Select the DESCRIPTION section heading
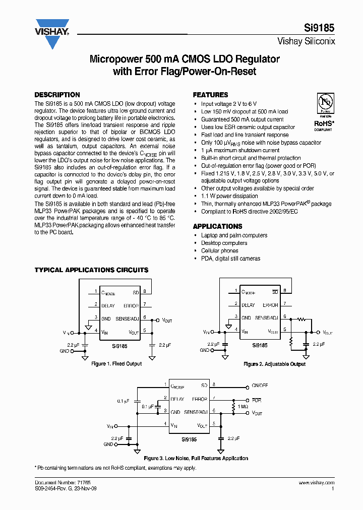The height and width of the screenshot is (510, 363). point(57,95)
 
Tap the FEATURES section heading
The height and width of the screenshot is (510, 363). point(211,95)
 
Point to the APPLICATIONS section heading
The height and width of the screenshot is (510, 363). point(218,226)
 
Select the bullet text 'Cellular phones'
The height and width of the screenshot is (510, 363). point(220,250)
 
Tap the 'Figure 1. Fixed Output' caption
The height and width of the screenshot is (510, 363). point(116,363)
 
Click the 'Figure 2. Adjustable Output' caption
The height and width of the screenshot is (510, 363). point(275,364)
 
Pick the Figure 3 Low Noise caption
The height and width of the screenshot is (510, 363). point(196,458)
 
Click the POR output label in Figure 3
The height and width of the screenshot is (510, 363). point(257,400)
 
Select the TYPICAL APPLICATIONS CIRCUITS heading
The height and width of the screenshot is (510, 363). point(91,270)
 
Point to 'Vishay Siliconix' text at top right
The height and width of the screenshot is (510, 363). point(306,42)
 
